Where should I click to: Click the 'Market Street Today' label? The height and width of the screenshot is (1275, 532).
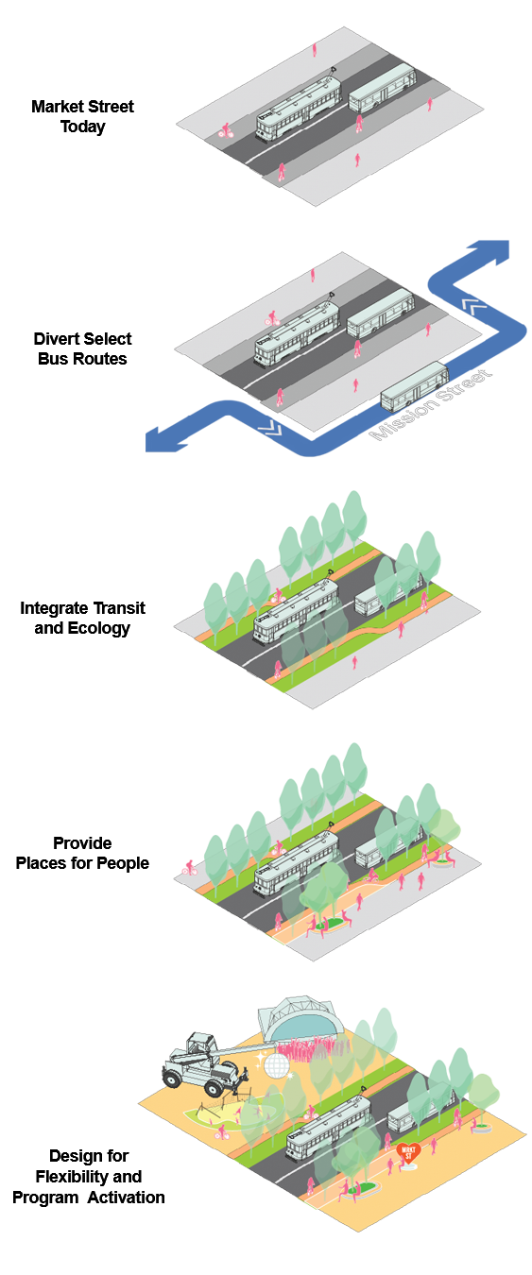tap(82, 116)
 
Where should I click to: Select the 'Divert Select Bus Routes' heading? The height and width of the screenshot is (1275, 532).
tap(82, 348)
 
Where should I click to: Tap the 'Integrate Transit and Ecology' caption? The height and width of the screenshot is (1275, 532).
tap(82, 618)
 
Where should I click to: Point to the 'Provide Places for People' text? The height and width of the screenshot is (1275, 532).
tap(82, 853)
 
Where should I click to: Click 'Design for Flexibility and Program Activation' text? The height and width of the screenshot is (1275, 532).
tap(88, 1176)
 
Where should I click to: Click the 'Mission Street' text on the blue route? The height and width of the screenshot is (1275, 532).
tap(430, 405)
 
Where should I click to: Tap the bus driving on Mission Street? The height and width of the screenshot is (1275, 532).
tap(415, 386)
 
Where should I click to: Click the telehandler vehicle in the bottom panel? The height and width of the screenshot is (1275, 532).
tap(204, 1063)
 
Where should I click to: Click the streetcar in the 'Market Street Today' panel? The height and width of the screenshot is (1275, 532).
tap(299, 106)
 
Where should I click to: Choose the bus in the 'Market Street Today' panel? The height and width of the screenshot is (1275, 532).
tap(382, 88)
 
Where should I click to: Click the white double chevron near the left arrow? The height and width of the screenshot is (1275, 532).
tap(269, 427)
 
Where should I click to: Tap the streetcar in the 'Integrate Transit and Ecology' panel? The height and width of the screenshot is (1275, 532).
tap(296, 610)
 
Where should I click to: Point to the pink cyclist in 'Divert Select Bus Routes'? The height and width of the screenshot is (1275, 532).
tap(272, 318)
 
